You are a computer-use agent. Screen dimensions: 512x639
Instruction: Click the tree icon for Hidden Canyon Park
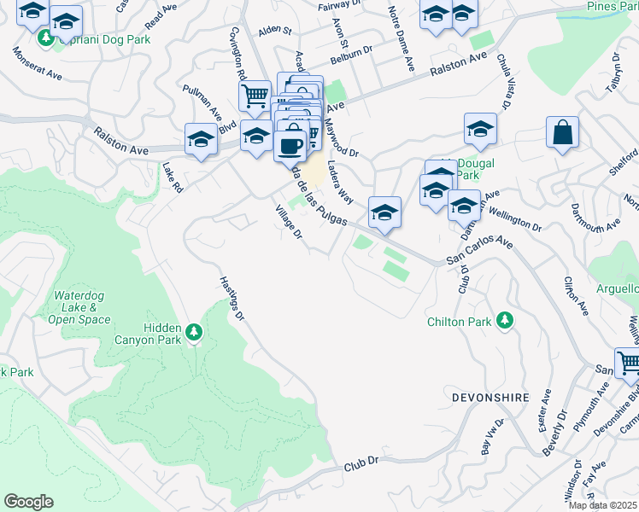click(194, 330)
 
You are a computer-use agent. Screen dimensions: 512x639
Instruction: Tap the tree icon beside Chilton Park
click(506, 320)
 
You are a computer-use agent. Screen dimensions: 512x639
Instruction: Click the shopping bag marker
click(562, 133)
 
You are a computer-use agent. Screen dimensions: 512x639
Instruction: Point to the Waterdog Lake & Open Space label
click(82, 307)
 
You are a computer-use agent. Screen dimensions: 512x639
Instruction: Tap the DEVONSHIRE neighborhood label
click(486, 398)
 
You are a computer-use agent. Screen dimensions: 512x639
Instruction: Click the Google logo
click(28, 502)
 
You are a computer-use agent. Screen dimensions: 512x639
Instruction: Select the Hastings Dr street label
click(232, 300)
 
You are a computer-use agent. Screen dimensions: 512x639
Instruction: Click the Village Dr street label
click(288, 222)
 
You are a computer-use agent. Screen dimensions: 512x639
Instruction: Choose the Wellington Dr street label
click(515, 221)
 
